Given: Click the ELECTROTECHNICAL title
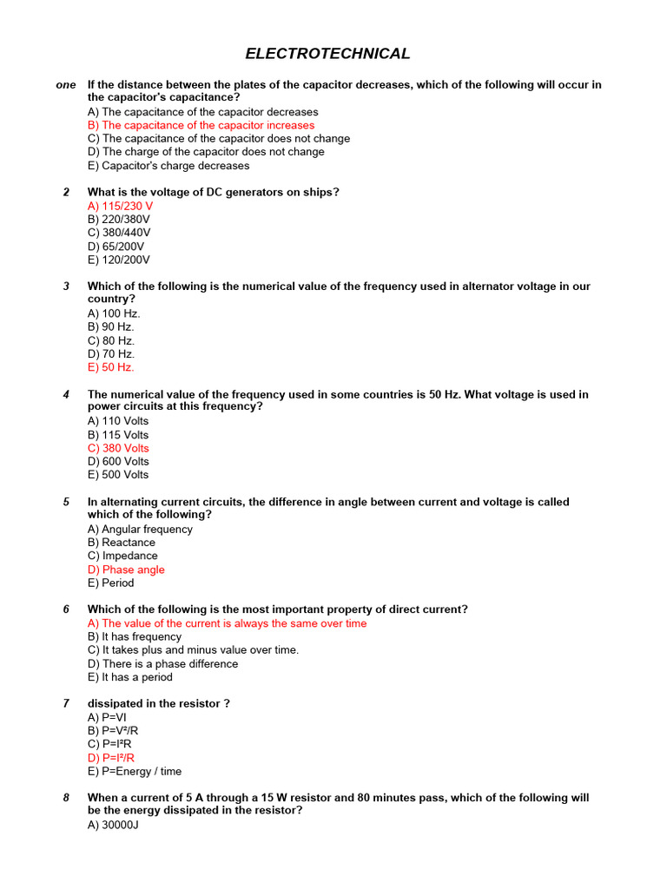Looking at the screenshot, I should tap(327, 54).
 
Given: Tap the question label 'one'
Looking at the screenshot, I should tap(66, 85).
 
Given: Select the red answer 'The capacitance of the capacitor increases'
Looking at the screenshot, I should tap(201, 125).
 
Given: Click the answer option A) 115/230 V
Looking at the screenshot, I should tap(120, 206).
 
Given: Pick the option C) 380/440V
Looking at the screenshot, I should tap(119, 233).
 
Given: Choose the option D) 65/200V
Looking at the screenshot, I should tap(116, 247).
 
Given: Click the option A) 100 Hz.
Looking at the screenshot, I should tap(114, 313).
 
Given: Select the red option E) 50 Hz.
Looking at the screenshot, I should tap(111, 367).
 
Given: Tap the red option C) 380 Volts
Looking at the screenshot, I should tap(118, 448).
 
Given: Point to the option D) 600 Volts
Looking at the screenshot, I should tap(118, 461).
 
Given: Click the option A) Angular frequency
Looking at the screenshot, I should tap(140, 529).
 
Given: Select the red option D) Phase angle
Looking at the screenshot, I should tap(126, 570).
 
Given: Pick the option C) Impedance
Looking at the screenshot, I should tap(122, 556).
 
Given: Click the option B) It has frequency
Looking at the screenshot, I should tap(135, 636).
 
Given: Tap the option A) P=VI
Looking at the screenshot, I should tap(107, 717).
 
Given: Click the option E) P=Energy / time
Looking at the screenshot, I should tap(135, 771).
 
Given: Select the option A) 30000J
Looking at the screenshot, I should tap(113, 825).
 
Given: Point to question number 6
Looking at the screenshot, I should tap(66, 609).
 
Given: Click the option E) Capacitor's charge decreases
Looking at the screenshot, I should tap(168, 166).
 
